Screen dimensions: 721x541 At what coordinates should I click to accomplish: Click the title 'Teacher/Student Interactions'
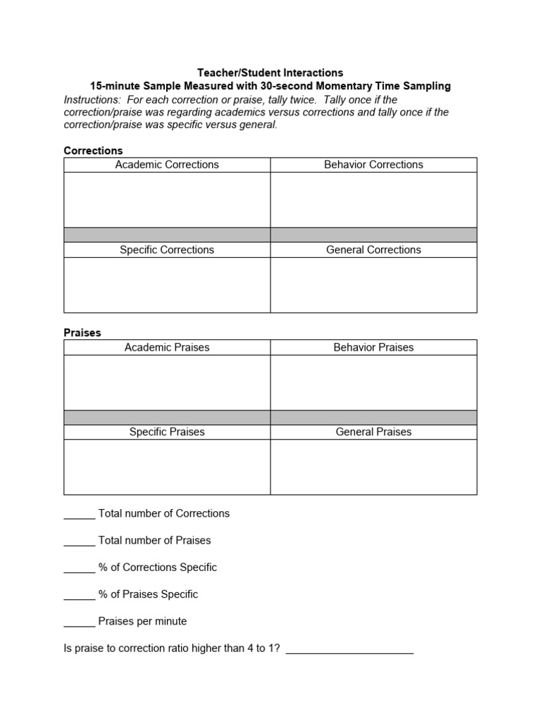pos(270,73)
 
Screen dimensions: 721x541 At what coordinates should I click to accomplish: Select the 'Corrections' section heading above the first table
pos(93,151)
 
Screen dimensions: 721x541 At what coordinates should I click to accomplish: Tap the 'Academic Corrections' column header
pos(167,165)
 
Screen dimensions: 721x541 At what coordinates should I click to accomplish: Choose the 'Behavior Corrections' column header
pos(373,165)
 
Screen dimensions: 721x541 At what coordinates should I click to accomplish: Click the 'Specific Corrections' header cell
pos(167,250)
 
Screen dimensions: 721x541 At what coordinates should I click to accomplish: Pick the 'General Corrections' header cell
pos(373,250)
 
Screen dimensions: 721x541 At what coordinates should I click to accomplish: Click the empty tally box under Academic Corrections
pos(167,199)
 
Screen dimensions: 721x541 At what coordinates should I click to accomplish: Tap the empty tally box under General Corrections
pos(373,284)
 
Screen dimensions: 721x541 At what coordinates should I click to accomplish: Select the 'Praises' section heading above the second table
pos(82,332)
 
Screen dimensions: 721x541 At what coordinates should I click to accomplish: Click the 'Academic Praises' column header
pos(167,347)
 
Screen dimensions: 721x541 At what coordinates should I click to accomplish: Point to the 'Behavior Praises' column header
pos(373,347)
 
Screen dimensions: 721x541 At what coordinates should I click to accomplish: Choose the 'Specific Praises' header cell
pos(167,432)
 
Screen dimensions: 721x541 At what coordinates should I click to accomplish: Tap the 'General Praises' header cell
pos(373,432)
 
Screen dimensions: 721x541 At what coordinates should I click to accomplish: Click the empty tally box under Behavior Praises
pos(373,382)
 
